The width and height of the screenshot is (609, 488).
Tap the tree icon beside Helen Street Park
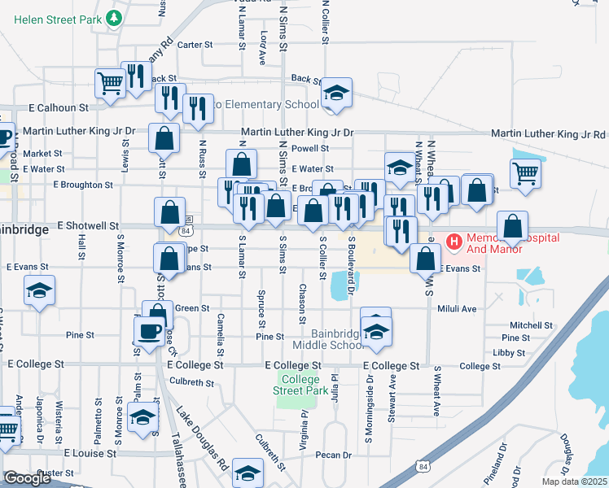116,16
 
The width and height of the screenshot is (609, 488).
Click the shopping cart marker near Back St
109,82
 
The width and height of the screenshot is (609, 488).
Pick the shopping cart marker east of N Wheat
526,172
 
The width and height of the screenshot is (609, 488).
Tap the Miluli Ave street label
457,309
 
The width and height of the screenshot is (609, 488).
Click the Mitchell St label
531,325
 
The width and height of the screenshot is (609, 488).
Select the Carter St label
195,45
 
